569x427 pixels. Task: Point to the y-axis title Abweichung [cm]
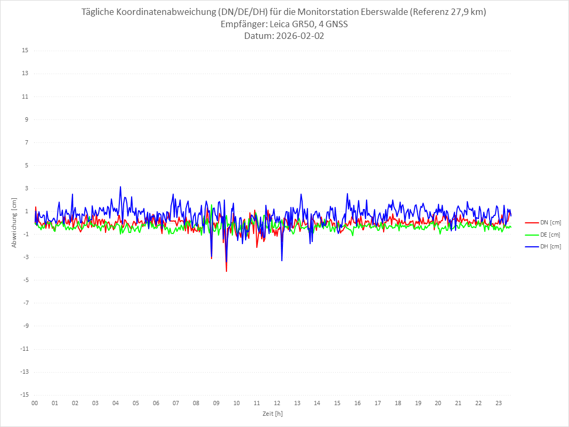[14, 223]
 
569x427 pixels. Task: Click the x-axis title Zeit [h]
[272, 413]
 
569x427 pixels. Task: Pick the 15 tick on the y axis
[25, 51]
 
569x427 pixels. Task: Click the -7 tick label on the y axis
[25, 303]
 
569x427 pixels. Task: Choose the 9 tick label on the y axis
[26, 119]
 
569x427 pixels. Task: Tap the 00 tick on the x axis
[35, 403]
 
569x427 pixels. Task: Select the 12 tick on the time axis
[277, 403]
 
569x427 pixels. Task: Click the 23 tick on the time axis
[499, 403]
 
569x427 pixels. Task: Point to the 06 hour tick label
[156, 403]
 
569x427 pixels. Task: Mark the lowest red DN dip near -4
[226, 271]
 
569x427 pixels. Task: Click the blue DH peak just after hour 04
[120, 187]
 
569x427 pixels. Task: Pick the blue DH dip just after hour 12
[282, 261]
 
